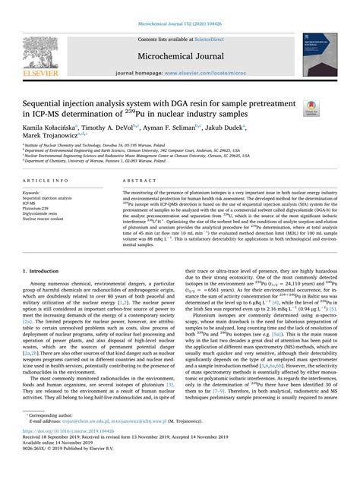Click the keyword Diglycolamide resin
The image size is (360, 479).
(43, 213)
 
